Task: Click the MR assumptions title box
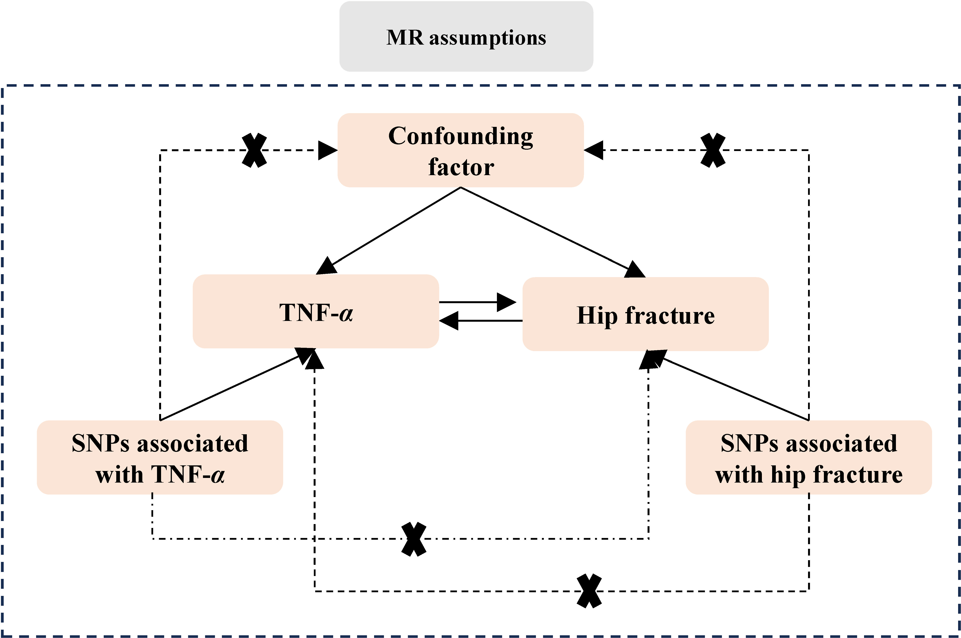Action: pos(466,37)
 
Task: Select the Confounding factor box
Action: pos(461,150)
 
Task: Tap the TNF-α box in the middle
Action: pos(316,311)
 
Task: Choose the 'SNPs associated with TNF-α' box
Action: pos(160,457)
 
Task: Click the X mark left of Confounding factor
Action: pos(254,150)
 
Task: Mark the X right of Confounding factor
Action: pos(713,150)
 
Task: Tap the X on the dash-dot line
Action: pos(414,539)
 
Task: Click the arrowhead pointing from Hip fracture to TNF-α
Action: pos(449,321)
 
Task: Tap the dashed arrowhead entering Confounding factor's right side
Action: pos(594,150)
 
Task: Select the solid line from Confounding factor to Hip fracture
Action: pos(553,232)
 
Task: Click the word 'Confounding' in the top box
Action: pos(461,136)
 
